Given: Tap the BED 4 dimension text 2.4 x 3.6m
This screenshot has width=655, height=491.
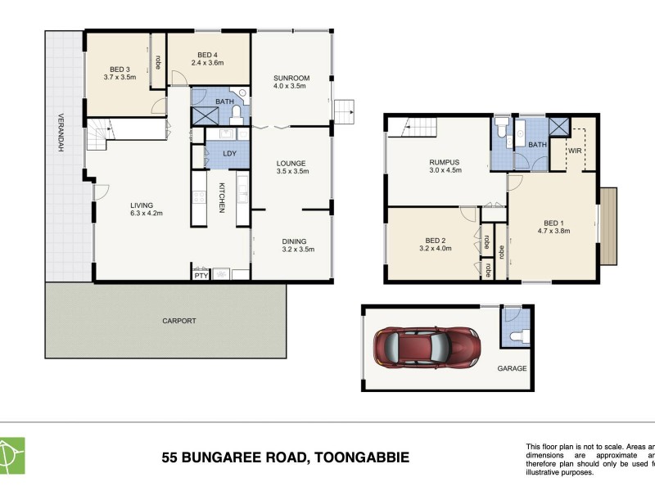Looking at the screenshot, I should tap(208, 62).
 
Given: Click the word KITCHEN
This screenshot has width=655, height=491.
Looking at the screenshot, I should tap(221, 197).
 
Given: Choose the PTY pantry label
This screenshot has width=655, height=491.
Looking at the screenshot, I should tap(200, 276).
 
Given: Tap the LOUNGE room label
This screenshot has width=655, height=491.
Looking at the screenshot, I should tap(290, 164).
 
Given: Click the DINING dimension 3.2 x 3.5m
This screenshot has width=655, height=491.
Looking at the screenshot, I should tap(294, 250).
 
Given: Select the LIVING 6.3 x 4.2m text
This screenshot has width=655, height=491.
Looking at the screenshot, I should tap(147, 214).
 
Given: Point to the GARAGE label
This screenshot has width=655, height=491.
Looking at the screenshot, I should tap(512, 368).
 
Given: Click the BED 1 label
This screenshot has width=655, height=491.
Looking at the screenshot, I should tap(554, 222).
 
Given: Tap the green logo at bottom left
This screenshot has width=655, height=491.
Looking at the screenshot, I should tap(11, 455).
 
